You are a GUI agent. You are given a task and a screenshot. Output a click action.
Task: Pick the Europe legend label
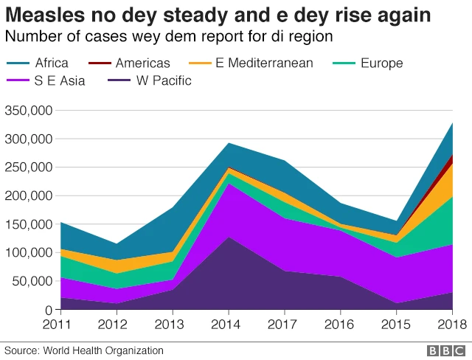(381, 63)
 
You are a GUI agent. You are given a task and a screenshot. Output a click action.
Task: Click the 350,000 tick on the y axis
(27, 111)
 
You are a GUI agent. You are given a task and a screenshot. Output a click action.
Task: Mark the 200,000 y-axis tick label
(27, 195)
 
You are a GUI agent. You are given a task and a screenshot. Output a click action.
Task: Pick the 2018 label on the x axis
(451, 325)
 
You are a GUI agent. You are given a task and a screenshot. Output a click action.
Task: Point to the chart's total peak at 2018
(451, 123)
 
